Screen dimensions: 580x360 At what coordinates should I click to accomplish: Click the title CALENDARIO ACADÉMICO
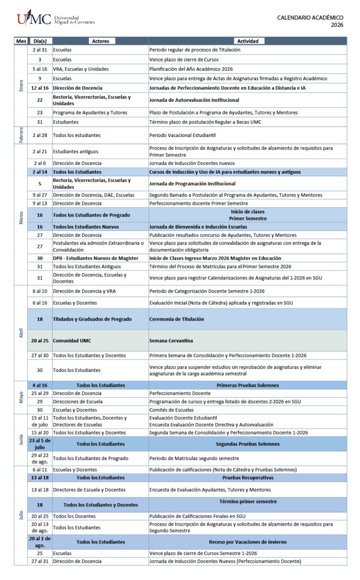tap(310, 17)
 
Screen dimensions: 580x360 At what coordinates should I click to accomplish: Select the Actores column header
tap(100, 41)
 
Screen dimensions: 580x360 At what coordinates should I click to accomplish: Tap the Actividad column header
tap(247, 41)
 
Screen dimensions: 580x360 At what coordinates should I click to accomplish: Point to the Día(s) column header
tap(40, 41)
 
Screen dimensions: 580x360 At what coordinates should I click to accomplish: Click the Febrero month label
tap(21, 135)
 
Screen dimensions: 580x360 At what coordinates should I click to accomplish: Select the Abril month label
tap(21, 333)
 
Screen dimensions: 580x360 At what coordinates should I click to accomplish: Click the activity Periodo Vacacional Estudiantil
tap(182, 135)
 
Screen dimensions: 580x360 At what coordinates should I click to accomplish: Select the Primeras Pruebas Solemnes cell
tap(247, 385)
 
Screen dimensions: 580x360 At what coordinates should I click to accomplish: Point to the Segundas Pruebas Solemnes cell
tap(247, 444)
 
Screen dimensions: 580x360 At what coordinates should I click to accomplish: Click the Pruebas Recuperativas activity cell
tap(247, 478)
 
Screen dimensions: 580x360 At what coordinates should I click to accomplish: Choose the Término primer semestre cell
tap(247, 502)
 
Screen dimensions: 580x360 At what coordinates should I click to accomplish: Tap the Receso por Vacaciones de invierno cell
tap(247, 542)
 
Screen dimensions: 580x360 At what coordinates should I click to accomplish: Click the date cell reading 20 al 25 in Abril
tap(40, 340)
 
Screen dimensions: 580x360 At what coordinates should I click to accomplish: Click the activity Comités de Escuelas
tap(171, 410)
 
